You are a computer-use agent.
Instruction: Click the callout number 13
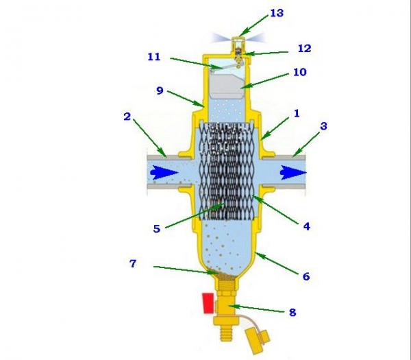277,13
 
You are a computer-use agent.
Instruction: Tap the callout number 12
305,48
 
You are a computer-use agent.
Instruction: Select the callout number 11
154,57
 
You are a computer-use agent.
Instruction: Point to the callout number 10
300,72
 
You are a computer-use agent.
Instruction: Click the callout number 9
160,91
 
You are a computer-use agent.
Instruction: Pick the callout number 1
297,114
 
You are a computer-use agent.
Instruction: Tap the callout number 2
127,117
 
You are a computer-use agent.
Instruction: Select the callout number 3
324,126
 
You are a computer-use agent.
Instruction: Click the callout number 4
307,226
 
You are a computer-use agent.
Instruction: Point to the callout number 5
156,228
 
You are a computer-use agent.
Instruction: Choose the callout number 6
306,276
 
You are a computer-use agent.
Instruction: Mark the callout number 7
133,263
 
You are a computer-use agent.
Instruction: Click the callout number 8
292,312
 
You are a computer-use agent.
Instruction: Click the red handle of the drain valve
208,303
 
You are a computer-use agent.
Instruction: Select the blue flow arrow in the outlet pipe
293,173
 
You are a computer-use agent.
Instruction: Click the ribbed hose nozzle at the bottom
225,332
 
